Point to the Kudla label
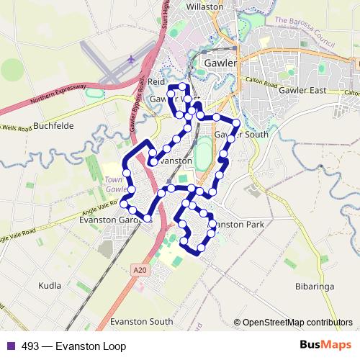[50, 286]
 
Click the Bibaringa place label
[315, 286]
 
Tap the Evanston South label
[142, 321]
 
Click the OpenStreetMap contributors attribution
[297, 323]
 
